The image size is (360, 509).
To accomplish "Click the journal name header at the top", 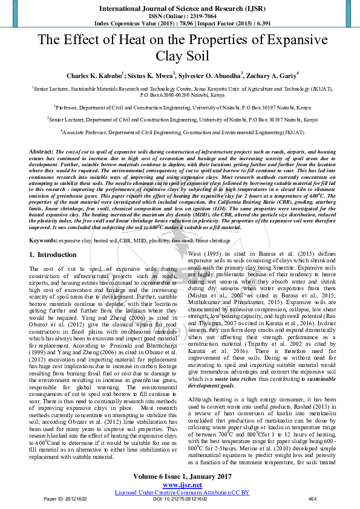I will [x=180, y=8].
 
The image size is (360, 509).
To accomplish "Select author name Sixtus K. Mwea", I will [x=152, y=76].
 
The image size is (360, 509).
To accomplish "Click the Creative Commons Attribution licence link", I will [x=182, y=491].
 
